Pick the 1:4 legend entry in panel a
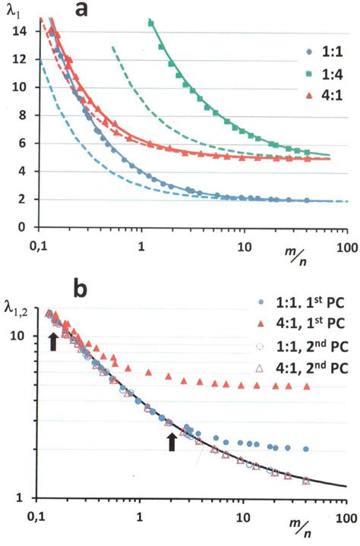pos(314,96)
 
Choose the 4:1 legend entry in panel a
pos(314,115)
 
